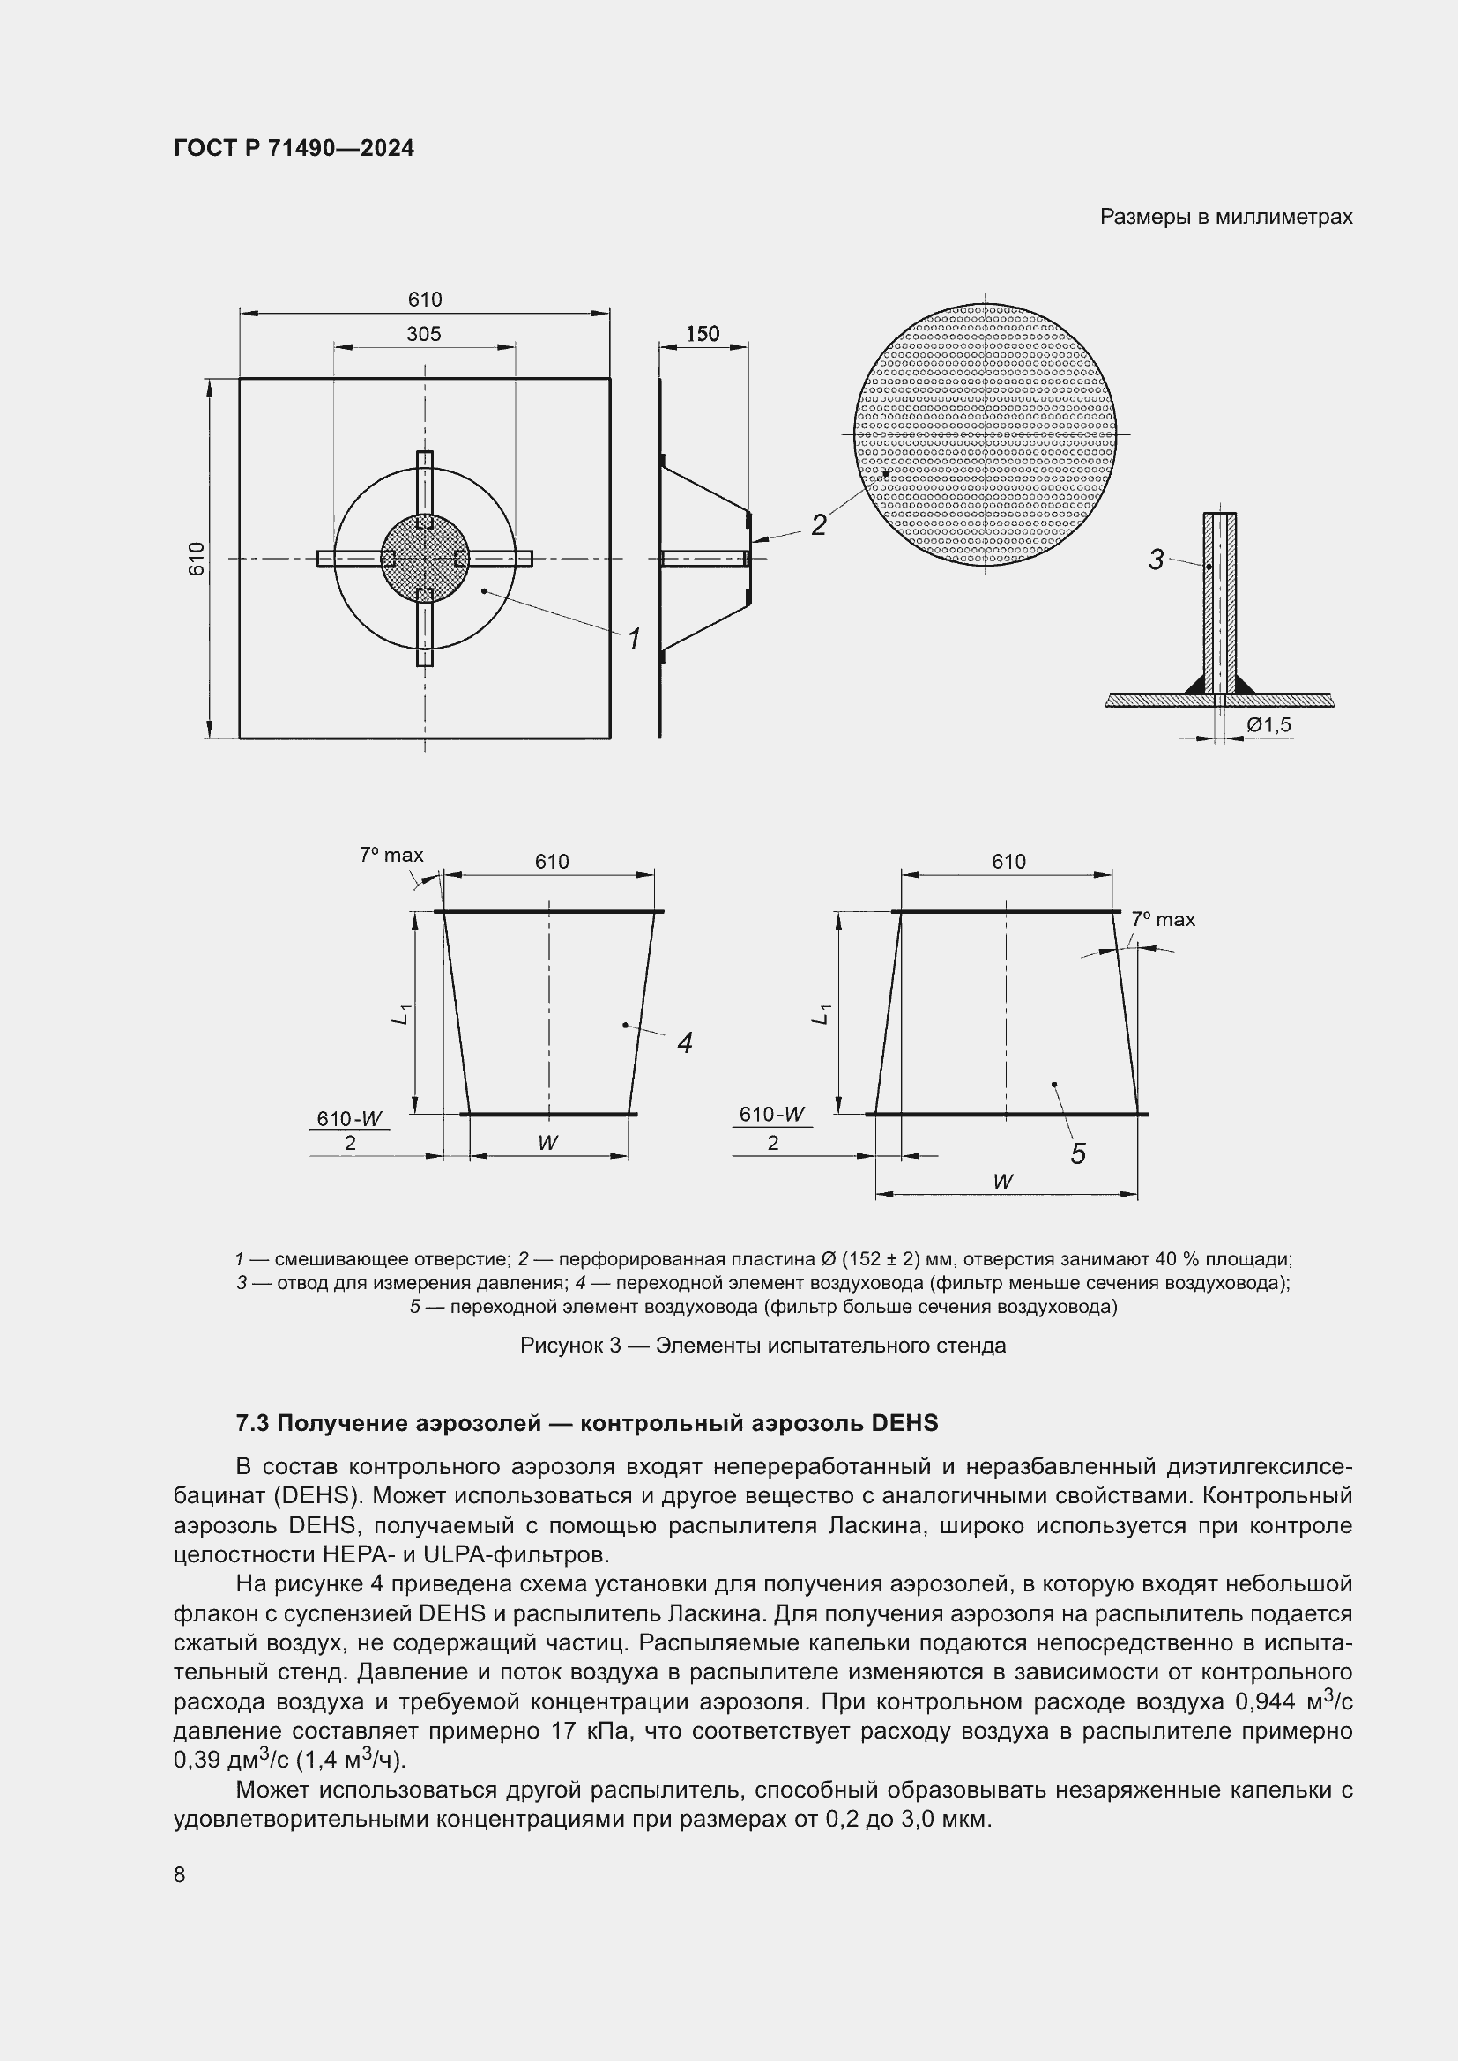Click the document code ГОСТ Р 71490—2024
[x=294, y=148]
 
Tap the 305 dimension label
[x=424, y=334]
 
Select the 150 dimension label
[x=702, y=334]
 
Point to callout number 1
[x=634, y=640]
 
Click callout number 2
[x=818, y=525]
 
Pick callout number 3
[x=1156, y=560]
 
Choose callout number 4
[x=685, y=1043]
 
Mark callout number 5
[x=1078, y=1154]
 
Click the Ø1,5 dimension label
[x=1268, y=724]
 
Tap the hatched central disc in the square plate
[x=425, y=559]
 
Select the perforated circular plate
[x=985, y=434]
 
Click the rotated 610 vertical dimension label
[x=197, y=559]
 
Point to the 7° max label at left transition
[x=391, y=856]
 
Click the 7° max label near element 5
[x=1163, y=919]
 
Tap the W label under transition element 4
[x=547, y=1143]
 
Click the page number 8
[x=180, y=1874]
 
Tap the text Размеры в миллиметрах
[x=1225, y=218]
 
